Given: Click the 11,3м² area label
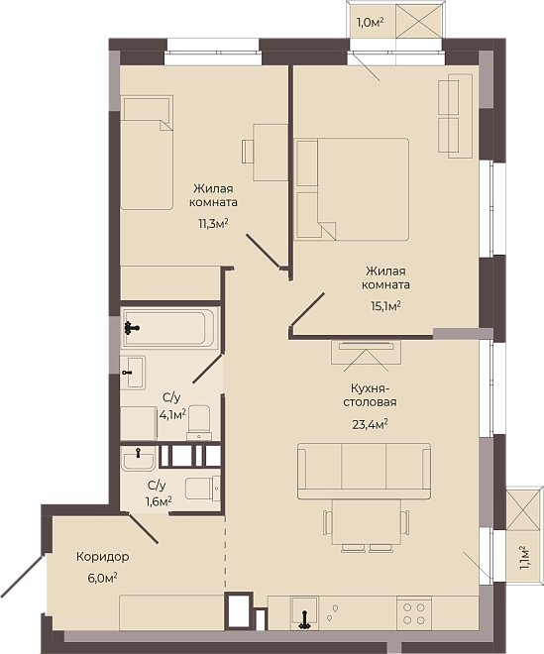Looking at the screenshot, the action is [x=213, y=224].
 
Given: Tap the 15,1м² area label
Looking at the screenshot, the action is [x=385, y=306].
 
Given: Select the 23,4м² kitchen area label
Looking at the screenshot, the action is [x=371, y=424].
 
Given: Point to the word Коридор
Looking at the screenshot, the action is [x=103, y=557].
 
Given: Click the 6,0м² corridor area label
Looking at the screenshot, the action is [x=102, y=579].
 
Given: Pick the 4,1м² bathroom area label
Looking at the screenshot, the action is [x=172, y=415].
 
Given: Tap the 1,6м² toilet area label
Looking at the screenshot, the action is [x=159, y=501].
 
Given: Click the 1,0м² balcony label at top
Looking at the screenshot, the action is [x=370, y=23].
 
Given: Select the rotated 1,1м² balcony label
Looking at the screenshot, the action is [x=524, y=558].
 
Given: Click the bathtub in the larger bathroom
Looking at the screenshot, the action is [x=169, y=328].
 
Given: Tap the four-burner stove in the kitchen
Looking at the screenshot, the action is [x=414, y=614].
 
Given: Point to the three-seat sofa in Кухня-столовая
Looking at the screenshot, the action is [x=364, y=471].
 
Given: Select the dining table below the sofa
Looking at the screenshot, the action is [x=367, y=522].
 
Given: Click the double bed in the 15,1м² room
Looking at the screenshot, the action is [x=351, y=189].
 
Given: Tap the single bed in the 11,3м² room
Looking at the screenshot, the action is [x=147, y=153].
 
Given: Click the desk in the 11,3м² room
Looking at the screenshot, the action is [x=271, y=153].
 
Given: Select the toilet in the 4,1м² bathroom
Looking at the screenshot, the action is [x=199, y=422].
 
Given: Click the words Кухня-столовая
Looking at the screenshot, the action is [x=370, y=395].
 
